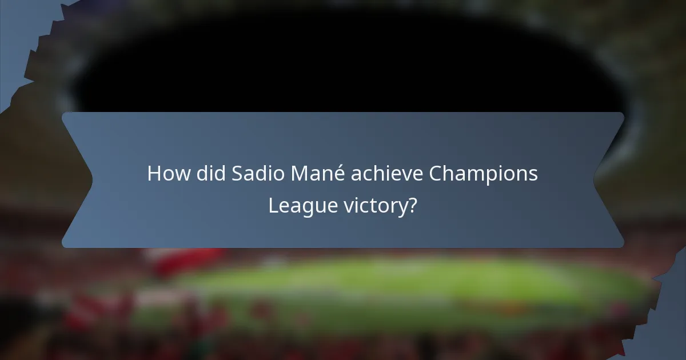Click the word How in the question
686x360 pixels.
point(165,174)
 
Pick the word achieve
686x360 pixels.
point(385,174)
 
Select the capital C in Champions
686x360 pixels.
point(436,174)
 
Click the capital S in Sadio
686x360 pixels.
point(237,174)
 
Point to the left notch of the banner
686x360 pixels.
point(91,179)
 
